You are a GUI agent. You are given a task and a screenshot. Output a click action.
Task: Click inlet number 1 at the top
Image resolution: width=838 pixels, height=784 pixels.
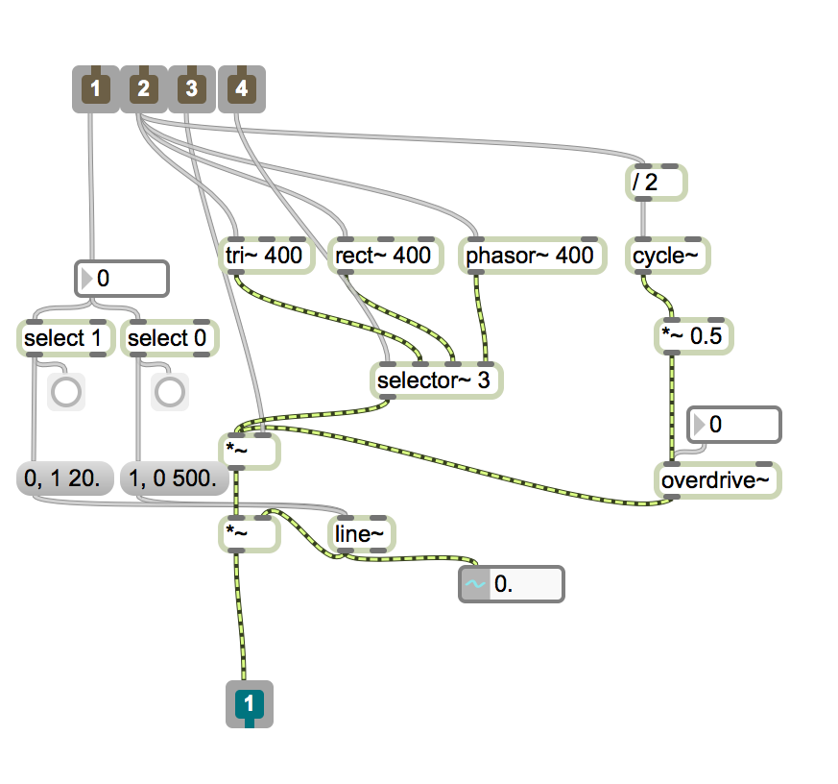click(94, 89)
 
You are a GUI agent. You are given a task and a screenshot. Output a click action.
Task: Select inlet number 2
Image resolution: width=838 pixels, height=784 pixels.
click(143, 89)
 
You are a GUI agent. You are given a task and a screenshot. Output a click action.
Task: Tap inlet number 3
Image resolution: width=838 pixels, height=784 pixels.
click(192, 89)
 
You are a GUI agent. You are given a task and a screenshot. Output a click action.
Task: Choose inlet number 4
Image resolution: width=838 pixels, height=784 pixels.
click(241, 89)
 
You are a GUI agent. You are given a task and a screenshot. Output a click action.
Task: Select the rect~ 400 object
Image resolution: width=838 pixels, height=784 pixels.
click(382, 257)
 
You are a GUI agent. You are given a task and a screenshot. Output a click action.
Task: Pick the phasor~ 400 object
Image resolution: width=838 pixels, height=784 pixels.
click(529, 257)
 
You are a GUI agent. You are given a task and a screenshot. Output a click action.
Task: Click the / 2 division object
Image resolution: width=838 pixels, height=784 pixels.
click(653, 183)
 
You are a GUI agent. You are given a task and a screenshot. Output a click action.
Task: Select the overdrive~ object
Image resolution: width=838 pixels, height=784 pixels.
click(718, 480)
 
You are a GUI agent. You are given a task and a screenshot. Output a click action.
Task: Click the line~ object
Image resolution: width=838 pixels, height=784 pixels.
click(359, 533)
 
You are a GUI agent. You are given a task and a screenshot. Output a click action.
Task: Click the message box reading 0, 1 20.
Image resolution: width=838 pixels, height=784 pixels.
click(65, 478)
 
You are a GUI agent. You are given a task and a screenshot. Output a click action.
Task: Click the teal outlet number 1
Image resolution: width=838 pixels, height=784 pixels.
click(249, 704)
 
